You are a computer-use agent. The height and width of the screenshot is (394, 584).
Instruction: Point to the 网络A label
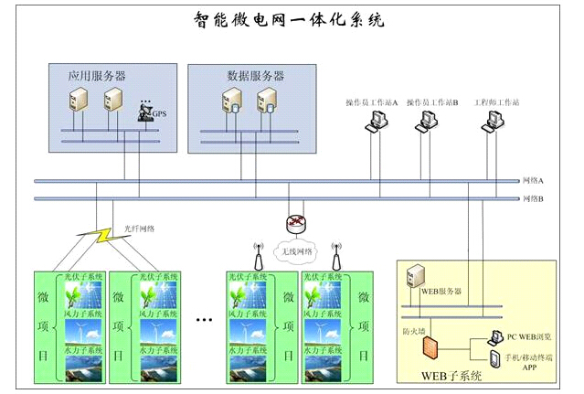click(534, 181)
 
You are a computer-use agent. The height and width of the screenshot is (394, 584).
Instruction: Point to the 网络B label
click(534, 197)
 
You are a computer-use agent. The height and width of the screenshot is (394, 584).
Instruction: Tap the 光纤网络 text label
click(137, 229)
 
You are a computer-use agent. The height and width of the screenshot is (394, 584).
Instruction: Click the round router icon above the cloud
click(294, 223)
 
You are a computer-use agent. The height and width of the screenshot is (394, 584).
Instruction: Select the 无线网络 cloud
click(294, 250)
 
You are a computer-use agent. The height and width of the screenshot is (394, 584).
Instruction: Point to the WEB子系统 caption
click(450, 376)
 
